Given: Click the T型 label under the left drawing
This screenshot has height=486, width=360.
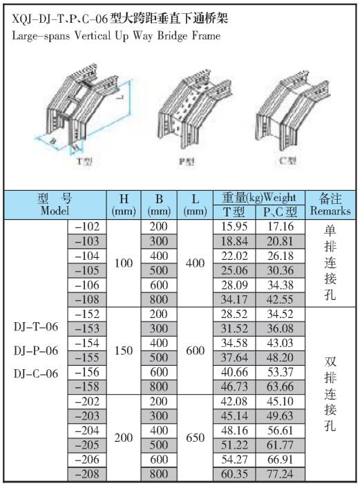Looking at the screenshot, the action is (84, 161).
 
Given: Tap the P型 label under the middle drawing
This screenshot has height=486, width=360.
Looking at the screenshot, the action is (187, 161).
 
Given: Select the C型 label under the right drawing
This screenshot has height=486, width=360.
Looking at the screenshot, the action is (288, 160).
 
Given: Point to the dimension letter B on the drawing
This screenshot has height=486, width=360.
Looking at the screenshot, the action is (53, 142).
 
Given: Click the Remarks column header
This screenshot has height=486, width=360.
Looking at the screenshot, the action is (330, 211).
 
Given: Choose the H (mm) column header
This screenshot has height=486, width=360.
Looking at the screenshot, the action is (124, 205).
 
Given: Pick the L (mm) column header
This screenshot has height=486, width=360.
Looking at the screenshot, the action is (195, 205).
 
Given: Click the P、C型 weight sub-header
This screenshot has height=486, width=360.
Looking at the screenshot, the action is (280, 212).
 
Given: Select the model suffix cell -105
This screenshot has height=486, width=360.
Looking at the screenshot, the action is (87, 270).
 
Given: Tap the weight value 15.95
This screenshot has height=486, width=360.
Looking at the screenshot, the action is (234, 227).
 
